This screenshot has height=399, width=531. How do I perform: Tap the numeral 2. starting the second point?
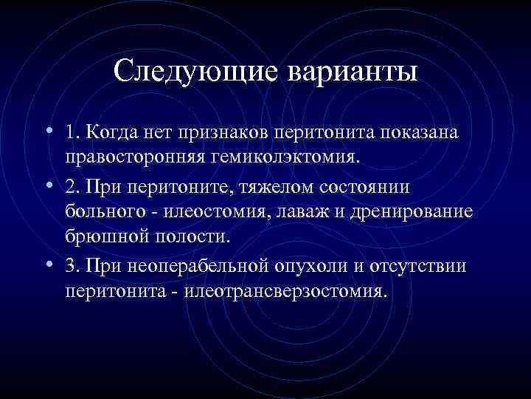click(72, 187)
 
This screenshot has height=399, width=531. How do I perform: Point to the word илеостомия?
click(218, 212)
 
